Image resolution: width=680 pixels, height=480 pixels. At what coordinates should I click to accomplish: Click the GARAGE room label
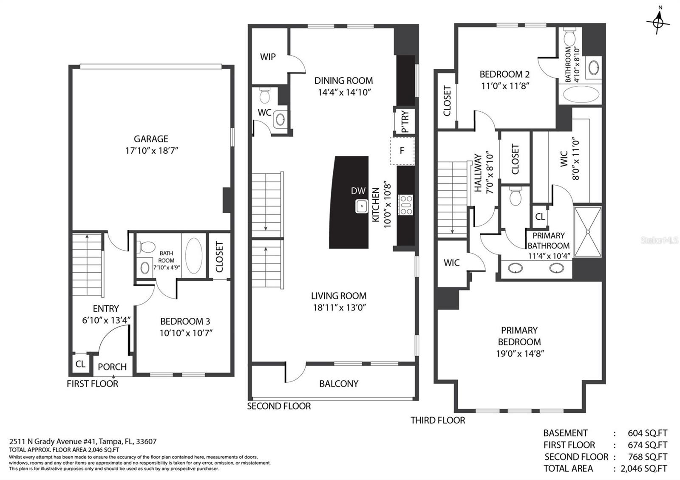pyautogui.click(x=151, y=139)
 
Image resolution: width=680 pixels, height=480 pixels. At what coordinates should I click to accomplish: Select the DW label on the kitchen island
pyautogui.click(x=358, y=191)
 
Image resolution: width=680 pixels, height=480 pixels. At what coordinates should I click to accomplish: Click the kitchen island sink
pyautogui.click(x=362, y=206)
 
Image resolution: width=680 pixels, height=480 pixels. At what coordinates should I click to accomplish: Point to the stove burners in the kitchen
pyautogui.click(x=405, y=205)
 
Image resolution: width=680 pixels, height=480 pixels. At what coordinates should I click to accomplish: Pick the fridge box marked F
pyautogui.click(x=402, y=151)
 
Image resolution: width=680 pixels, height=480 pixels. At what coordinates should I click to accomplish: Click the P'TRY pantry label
pyautogui.click(x=405, y=121)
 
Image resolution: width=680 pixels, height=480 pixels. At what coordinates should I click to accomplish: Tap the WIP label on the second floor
pyautogui.click(x=268, y=57)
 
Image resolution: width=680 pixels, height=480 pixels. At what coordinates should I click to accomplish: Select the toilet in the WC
pyautogui.click(x=265, y=95)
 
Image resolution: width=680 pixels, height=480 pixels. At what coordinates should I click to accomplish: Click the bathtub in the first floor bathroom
pyautogui.click(x=194, y=255)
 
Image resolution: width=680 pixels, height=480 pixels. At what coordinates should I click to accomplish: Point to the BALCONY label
pyautogui.click(x=339, y=384)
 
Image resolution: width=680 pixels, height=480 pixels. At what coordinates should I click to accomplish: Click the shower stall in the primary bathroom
pyautogui.click(x=588, y=232)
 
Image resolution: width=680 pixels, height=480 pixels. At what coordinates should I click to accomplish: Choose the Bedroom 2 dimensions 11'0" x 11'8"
pyautogui.click(x=505, y=86)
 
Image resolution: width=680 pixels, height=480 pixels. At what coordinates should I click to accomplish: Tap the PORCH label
pyautogui.click(x=112, y=367)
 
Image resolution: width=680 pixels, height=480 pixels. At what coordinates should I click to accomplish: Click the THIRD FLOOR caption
pyautogui.click(x=438, y=420)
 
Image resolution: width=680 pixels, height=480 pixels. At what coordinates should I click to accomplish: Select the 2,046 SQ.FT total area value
pyautogui.click(x=644, y=469)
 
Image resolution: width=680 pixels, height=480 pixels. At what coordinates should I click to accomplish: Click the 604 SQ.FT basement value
pyautogui.click(x=648, y=433)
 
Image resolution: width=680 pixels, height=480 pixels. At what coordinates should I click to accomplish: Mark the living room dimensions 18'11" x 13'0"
pyautogui.click(x=340, y=308)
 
